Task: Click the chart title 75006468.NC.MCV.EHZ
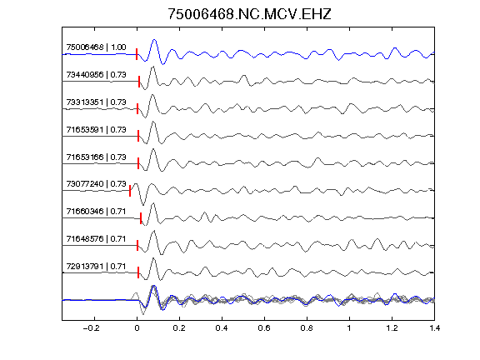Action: tap(249, 14)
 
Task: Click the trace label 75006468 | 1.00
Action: tap(96, 47)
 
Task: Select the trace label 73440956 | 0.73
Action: tap(96, 75)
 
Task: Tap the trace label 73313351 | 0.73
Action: tap(96, 102)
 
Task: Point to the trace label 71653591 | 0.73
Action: tap(96, 130)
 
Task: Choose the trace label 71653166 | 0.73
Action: tap(96, 157)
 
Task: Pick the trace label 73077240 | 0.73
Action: tap(96, 184)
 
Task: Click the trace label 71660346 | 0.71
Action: tap(96, 212)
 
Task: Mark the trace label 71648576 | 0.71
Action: tap(96, 239)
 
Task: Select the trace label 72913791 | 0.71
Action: tap(96, 267)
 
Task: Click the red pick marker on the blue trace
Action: tap(137, 54)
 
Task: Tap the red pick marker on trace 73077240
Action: tap(130, 191)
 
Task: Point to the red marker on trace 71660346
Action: tap(141, 218)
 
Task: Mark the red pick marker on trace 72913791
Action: tap(138, 272)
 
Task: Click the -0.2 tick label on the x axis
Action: tap(91, 328)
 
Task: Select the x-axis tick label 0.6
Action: tap(264, 328)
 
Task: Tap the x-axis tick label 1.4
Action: tap(434, 328)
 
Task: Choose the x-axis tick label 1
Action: tap(349, 328)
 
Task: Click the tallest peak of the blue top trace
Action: tap(154, 40)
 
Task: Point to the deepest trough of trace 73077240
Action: tap(143, 205)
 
